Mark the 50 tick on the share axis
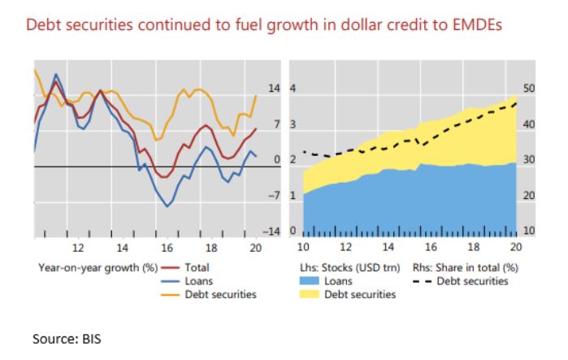click(x=529, y=90)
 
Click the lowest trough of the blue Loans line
click(x=167, y=206)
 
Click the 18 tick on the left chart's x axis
click(x=210, y=247)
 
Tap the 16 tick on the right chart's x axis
click(x=431, y=247)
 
